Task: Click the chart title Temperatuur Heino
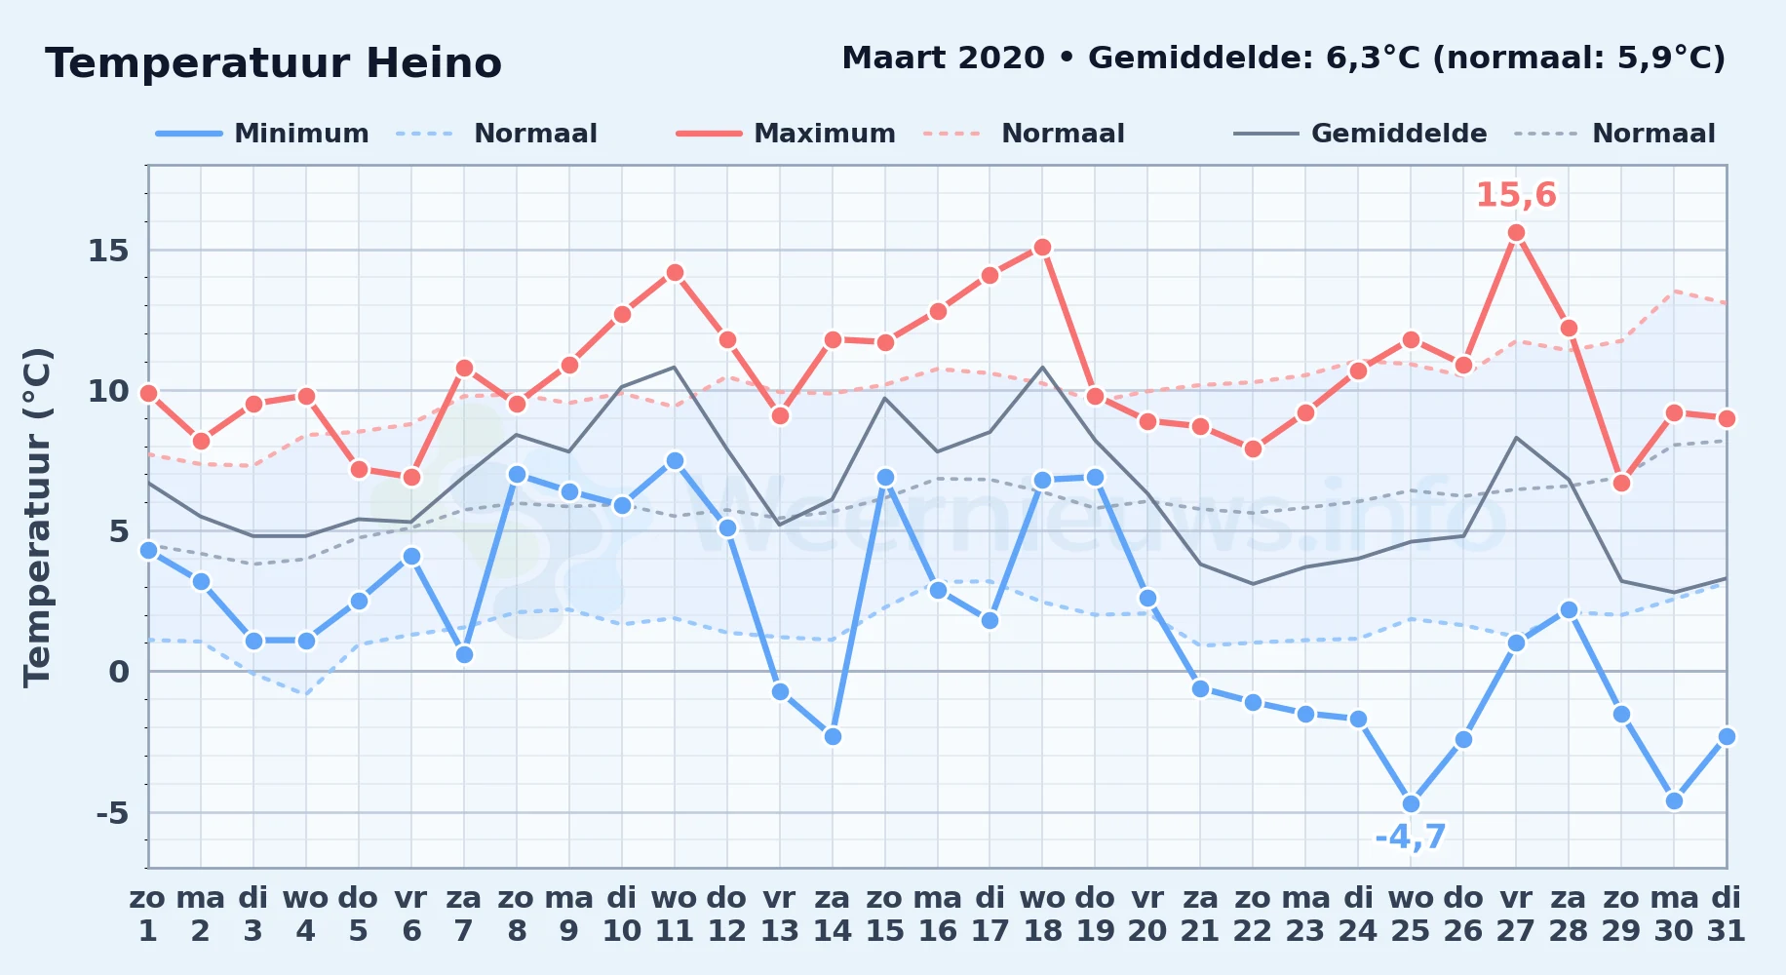coord(273,63)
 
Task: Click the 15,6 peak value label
coord(1516,195)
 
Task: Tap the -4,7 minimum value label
coord(1411,837)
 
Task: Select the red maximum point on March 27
coord(1516,233)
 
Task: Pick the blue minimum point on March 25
coord(1411,804)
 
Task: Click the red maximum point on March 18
coord(1042,248)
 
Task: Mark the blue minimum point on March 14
coord(833,737)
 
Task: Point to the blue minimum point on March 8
coord(517,475)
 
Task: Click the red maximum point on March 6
coord(411,478)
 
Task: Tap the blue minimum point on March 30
coord(1674,801)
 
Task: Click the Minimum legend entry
coord(263,134)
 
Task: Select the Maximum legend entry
coord(786,134)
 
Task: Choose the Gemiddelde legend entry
coord(1361,134)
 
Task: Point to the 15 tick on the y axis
coord(108,251)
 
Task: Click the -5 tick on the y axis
coord(112,812)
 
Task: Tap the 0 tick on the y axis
coord(119,672)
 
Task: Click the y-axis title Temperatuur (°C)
coord(37,517)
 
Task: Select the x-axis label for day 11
coord(675,914)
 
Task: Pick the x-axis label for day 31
coord(1726,914)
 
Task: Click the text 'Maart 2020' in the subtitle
coord(943,58)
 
